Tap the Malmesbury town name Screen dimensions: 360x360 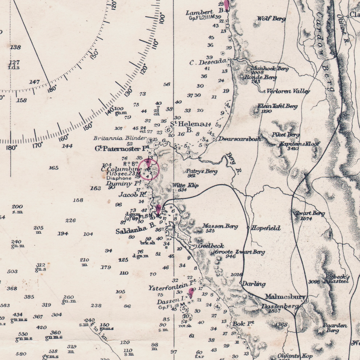285,297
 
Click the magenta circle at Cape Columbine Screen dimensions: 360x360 148,169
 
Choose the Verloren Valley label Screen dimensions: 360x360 288,91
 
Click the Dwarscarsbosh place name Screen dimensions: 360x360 240,139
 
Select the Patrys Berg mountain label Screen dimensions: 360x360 201,172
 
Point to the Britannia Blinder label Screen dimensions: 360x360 120,138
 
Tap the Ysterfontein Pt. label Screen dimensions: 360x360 172,287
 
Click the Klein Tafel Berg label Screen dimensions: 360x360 277,106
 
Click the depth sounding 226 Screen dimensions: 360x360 71,220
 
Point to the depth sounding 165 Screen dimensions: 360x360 54,168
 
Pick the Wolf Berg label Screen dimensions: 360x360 271,19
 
